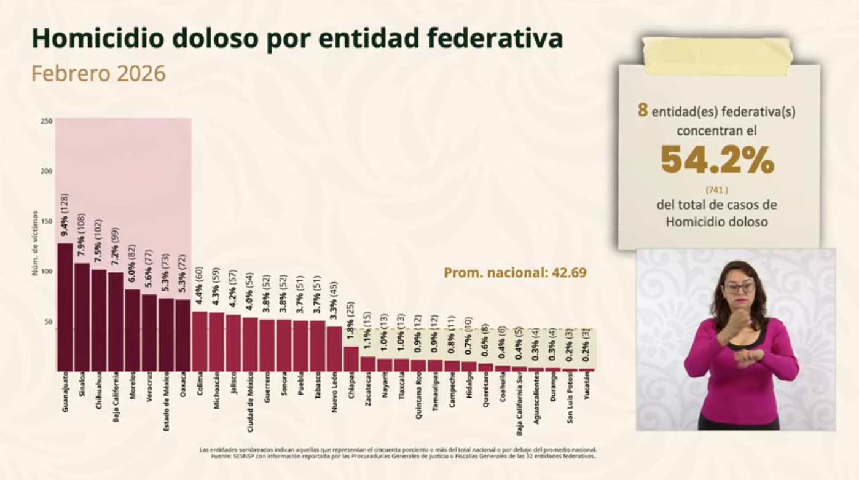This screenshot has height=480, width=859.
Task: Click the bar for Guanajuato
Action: [65, 307]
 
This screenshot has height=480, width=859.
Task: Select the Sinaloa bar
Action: [82, 317]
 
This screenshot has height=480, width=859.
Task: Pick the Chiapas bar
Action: [351, 358]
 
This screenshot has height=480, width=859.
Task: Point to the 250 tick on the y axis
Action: [47, 121]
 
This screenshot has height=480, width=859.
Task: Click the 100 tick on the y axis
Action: [47, 272]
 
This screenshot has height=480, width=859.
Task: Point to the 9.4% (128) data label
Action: [65, 214]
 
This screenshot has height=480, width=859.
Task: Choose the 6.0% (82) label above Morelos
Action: [132, 261]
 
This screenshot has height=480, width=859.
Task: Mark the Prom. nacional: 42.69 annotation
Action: [515, 272]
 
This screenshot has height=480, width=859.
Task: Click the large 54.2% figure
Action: [717, 160]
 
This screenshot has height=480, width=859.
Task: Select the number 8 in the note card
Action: [643, 111]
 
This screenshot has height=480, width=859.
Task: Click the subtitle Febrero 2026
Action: [99, 73]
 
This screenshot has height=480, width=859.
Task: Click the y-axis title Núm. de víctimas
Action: [36, 243]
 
